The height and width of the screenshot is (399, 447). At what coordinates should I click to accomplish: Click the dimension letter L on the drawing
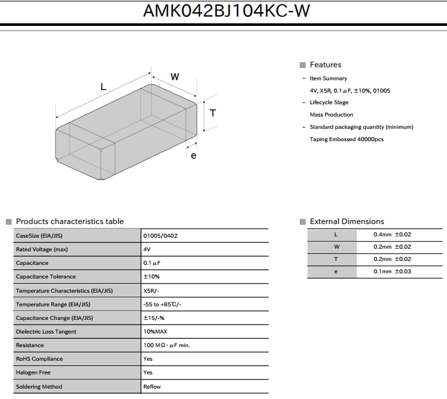pos(104,86)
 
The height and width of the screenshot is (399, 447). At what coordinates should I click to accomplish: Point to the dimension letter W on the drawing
pos(175,76)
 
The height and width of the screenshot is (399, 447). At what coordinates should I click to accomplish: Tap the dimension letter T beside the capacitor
pos(213,113)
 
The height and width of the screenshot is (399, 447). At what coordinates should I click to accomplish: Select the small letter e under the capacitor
pos(193,156)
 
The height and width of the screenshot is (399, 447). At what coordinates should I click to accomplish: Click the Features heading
pos(325,65)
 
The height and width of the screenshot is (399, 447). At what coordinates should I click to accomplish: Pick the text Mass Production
pos(332,115)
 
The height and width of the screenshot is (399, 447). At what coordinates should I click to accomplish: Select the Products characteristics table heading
pos(69,222)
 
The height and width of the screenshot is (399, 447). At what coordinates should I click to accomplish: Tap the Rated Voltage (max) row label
pos(42,249)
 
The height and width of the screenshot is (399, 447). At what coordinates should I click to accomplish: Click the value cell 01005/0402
pos(160,236)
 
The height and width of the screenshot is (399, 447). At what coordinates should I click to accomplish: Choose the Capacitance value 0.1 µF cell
pos(152,263)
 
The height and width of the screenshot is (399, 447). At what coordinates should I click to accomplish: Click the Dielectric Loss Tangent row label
pos(46,332)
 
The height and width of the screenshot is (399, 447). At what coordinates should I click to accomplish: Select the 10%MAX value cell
pos(155,332)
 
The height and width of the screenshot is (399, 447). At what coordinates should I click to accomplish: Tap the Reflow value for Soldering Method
pos(152,387)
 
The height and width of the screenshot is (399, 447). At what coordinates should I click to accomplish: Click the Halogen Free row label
pos(33,372)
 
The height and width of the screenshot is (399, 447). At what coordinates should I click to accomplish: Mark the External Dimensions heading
pos(347,222)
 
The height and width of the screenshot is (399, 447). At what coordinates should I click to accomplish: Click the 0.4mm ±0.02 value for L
pos(393,234)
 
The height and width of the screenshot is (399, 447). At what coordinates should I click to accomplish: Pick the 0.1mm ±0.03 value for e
pos(393,271)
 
